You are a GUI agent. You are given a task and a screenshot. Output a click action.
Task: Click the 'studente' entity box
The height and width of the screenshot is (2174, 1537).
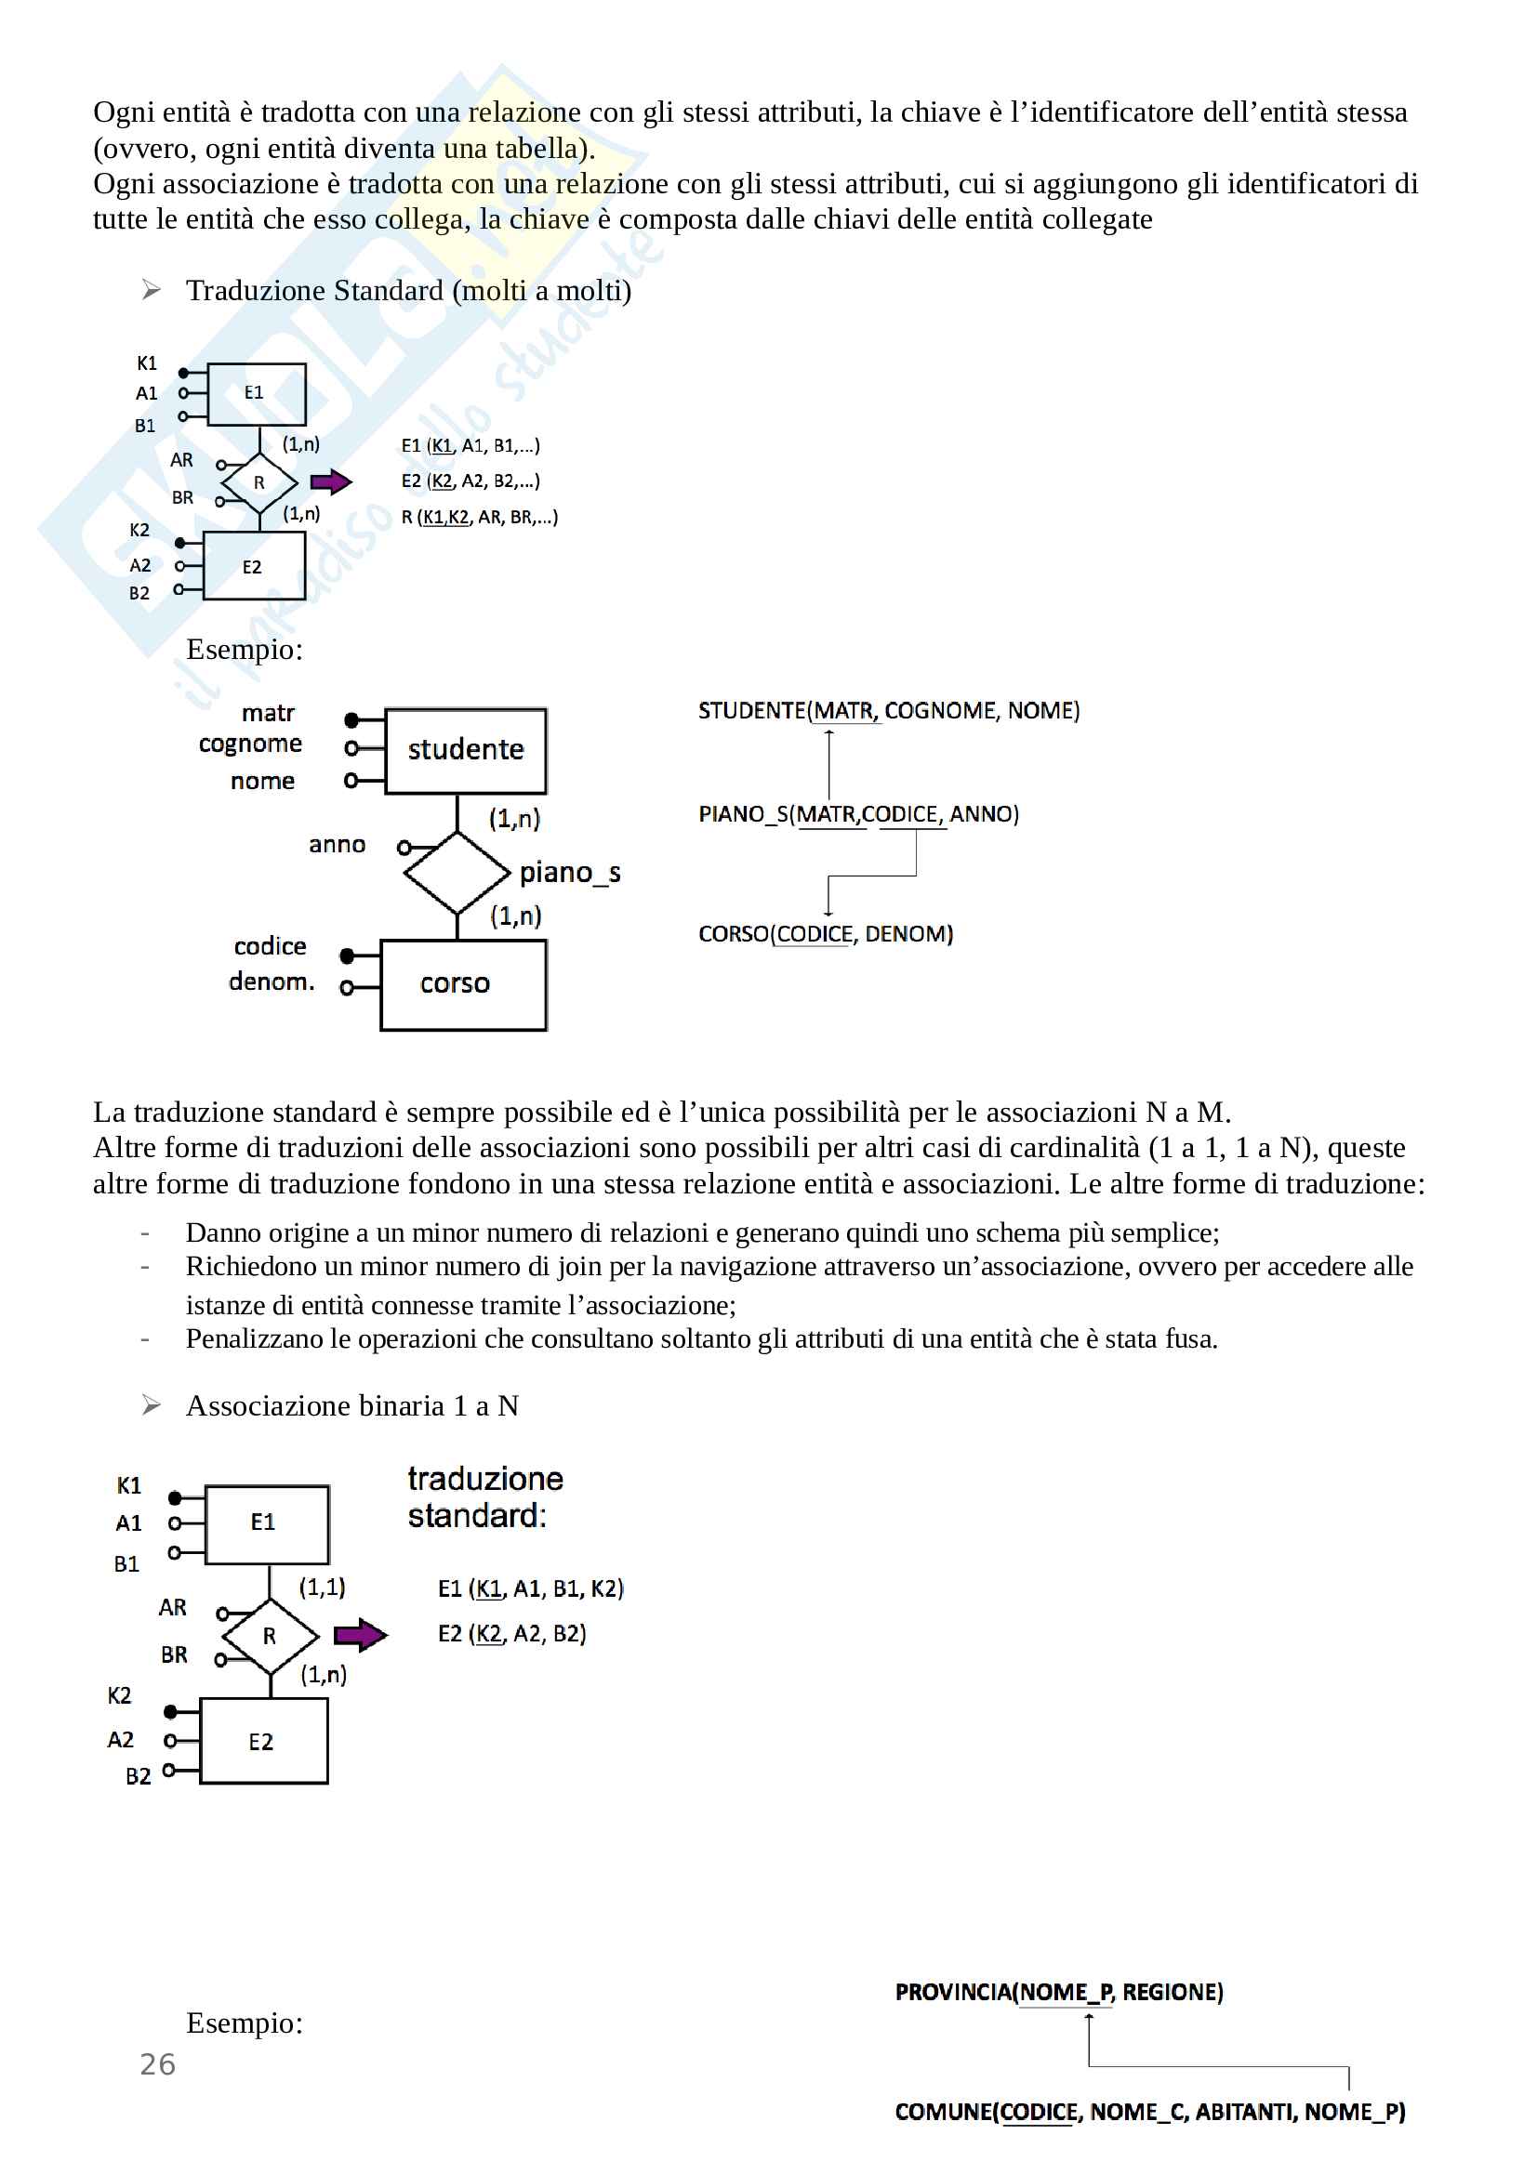pyautogui.click(x=465, y=751)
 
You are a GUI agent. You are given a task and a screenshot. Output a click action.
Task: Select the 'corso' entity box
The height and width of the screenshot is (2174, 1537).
pyautogui.click(x=463, y=984)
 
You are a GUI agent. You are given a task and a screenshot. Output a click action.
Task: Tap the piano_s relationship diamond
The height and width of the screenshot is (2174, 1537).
pyautogui.click(x=457, y=872)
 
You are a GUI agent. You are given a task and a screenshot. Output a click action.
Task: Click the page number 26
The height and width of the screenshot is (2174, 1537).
pyautogui.click(x=157, y=2064)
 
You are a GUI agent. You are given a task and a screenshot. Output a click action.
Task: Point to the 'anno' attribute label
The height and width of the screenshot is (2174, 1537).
pyautogui.click(x=338, y=845)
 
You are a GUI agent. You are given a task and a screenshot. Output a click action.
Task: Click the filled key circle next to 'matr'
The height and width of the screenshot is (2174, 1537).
pyautogui.click(x=351, y=719)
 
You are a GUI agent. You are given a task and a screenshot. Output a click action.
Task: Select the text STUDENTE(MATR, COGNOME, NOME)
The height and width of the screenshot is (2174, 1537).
pyautogui.click(x=888, y=711)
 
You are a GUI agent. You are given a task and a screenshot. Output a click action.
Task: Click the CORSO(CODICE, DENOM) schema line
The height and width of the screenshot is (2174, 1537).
pyautogui.click(x=825, y=934)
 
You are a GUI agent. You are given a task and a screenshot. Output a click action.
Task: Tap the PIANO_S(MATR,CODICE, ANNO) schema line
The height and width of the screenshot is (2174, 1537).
pyautogui.click(x=858, y=814)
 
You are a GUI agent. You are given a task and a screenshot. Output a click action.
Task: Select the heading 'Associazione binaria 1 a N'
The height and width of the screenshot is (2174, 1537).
pyautogui.click(x=352, y=1406)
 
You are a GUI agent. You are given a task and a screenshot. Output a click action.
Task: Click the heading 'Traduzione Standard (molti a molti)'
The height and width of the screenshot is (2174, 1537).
pyautogui.click(x=408, y=291)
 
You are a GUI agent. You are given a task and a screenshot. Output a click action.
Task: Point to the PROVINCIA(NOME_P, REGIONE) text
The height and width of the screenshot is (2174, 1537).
pyautogui.click(x=1059, y=1992)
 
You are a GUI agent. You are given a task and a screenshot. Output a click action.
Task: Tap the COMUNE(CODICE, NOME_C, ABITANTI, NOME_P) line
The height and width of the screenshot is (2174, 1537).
pyautogui.click(x=1149, y=2113)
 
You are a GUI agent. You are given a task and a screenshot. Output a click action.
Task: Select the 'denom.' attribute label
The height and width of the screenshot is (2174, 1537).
pyautogui.click(x=271, y=982)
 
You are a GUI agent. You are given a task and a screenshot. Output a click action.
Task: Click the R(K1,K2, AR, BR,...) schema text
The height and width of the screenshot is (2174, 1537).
pyautogui.click(x=479, y=518)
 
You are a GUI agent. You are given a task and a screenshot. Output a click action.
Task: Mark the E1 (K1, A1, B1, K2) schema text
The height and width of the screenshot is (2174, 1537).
pyautogui.click(x=530, y=1588)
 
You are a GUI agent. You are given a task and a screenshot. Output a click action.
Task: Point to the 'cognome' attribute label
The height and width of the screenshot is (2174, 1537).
pyautogui.click(x=250, y=744)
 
